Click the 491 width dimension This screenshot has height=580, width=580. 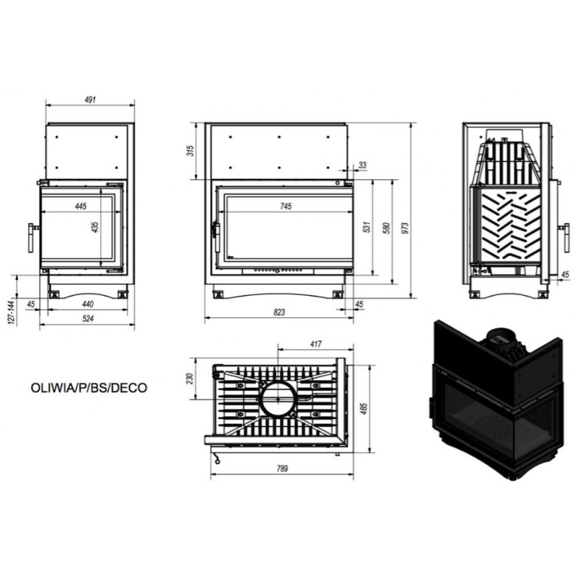point(90,99)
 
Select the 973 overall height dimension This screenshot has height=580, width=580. point(405,228)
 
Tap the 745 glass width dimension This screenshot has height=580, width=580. point(286,206)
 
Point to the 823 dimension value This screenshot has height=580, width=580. point(279,312)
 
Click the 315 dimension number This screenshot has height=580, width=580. point(190,151)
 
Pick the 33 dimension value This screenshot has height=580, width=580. point(362,165)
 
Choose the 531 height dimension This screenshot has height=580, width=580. point(367,227)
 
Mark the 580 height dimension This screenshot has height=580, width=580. point(386,228)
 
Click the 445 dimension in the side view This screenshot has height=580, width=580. point(80,206)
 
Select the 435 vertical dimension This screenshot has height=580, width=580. point(96,227)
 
